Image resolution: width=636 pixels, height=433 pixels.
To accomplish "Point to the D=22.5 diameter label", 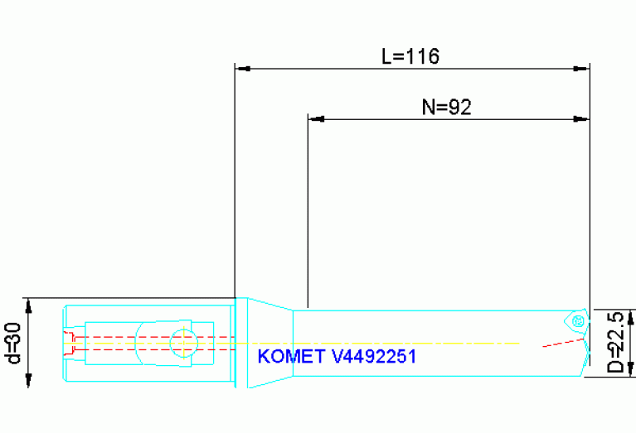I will coord(614,342).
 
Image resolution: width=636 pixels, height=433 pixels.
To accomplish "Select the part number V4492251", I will coord(372,357).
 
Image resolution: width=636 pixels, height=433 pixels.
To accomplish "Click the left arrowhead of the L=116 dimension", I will coord(243,69).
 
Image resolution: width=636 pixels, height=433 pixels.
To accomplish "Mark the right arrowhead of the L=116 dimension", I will coord(582,69).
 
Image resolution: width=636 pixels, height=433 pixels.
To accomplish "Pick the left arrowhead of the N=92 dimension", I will coord(315,119).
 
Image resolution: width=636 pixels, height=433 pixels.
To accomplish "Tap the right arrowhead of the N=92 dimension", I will coord(582,119).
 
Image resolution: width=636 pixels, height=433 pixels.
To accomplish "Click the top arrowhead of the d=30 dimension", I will coord(29,306).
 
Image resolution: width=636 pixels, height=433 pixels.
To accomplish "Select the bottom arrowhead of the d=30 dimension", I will coord(29,380).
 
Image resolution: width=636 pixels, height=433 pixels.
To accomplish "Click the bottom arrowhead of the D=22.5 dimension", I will coord(631,369).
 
